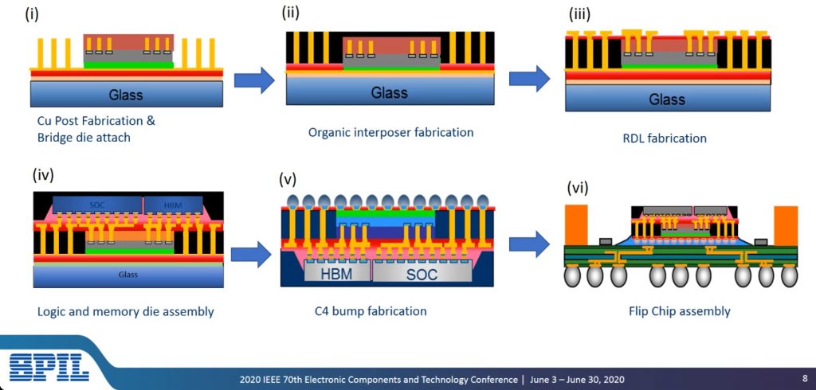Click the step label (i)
(x=32, y=15)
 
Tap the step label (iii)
(x=580, y=14)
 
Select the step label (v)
(x=287, y=179)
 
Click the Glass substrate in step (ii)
(x=390, y=92)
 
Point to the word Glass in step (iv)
(x=127, y=274)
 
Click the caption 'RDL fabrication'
(x=665, y=138)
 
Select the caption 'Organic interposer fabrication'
(x=390, y=132)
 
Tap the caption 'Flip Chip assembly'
(x=680, y=311)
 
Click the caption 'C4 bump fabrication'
(x=371, y=311)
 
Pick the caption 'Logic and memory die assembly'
(x=125, y=311)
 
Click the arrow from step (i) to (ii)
(x=254, y=80)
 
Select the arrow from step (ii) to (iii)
(x=529, y=79)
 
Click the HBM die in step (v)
(x=337, y=272)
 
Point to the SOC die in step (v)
(x=422, y=272)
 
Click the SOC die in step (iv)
(x=97, y=205)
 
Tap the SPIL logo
(x=49, y=367)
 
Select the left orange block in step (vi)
(x=576, y=224)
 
